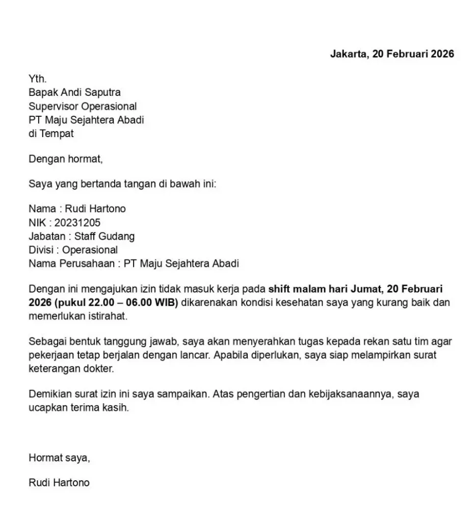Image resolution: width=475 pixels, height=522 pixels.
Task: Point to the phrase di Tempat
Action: (51, 134)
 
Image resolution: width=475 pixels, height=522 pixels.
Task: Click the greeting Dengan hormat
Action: (66, 159)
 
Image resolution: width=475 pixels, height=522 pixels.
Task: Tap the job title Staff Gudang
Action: (104, 237)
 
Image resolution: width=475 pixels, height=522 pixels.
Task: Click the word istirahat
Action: (105, 316)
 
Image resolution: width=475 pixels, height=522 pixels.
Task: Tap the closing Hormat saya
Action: (59, 457)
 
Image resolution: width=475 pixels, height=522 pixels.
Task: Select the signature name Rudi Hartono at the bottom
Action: (59, 482)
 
